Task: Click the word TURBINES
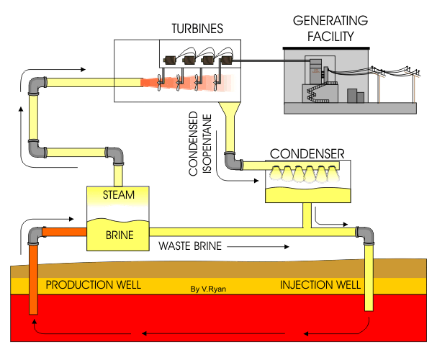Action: click(x=197, y=29)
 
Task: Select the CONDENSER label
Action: click(x=306, y=153)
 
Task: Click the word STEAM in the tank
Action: click(x=118, y=194)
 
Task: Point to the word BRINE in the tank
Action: click(x=118, y=234)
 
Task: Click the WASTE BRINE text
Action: click(x=190, y=246)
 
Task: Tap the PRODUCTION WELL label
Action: click(x=93, y=286)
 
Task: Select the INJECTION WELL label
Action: click(x=320, y=286)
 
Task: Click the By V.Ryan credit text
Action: click(x=209, y=289)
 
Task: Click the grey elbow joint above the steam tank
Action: click(x=115, y=156)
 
